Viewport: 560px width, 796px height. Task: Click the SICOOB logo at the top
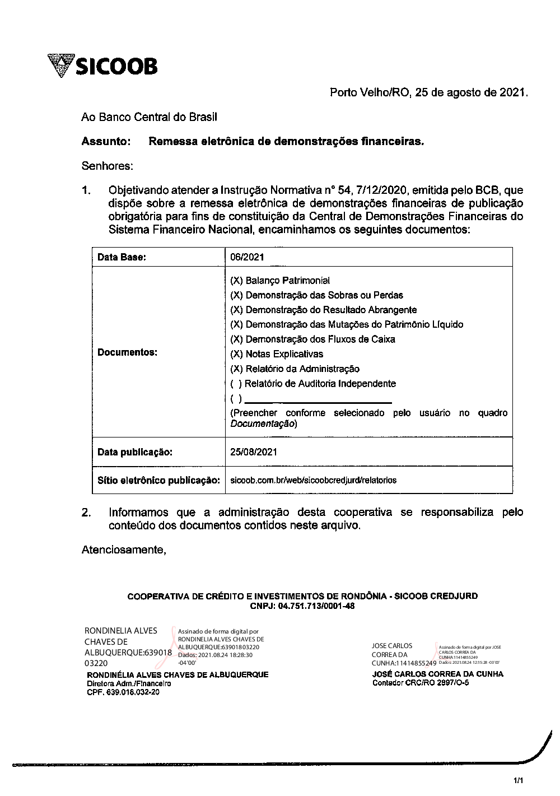(x=103, y=66)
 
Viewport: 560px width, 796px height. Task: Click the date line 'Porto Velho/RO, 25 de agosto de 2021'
(x=428, y=92)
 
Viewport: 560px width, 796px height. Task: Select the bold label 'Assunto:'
(x=106, y=142)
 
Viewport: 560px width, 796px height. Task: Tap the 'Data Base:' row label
(x=122, y=257)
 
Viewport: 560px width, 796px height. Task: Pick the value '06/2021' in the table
(x=247, y=257)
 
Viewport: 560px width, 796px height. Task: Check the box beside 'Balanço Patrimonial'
(x=236, y=280)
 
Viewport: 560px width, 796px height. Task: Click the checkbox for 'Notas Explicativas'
(x=236, y=354)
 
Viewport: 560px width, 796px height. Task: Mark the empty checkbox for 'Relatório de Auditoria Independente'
(x=236, y=384)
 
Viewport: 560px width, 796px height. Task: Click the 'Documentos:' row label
(x=127, y=352)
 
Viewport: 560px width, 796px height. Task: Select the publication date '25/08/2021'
(x=253, y=451)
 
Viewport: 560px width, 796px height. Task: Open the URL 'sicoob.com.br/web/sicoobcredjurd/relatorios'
(x=313, y=480)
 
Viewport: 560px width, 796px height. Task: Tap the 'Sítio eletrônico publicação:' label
(x=158, y=480)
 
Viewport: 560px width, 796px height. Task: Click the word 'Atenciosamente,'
(x=124, y=550)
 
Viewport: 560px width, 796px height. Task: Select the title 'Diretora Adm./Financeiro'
(x=128, y=683)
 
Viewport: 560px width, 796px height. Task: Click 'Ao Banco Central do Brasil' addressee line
(x=149, y=117)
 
